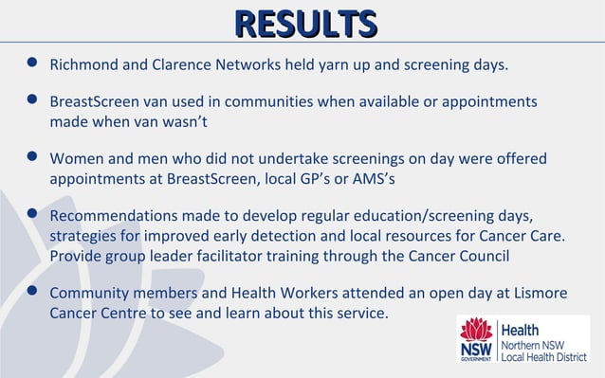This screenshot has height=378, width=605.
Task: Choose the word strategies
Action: point(86,234)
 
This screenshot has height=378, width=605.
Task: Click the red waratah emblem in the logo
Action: point(476,331)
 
